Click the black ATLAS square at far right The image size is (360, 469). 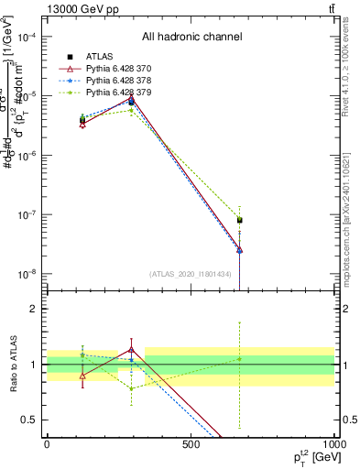[239, 220]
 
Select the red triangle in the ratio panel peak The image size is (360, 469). [133, 349]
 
